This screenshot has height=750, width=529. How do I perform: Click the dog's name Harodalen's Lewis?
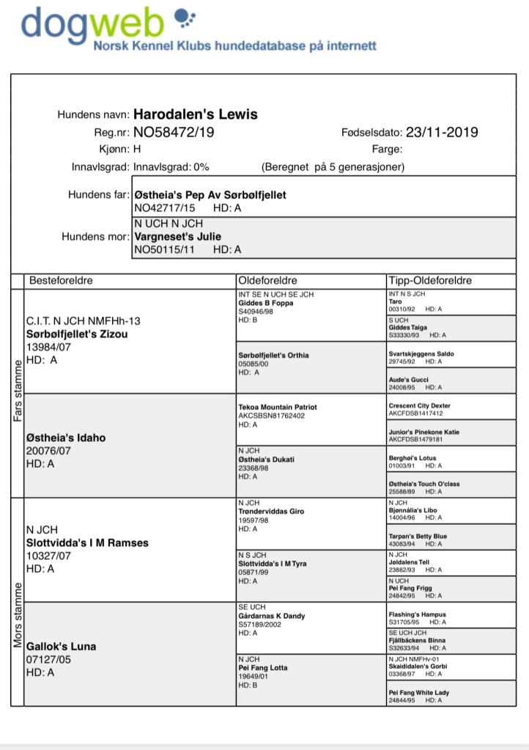point(196,114)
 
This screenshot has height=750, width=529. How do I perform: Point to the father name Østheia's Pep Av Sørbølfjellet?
point(210,196)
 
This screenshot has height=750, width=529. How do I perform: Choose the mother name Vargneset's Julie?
point(177,237)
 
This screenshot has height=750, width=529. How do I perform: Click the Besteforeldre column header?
point(61,281)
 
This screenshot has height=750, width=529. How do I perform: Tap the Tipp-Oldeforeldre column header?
point(430,281)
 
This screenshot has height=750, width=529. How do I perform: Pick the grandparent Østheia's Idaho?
point(65,438)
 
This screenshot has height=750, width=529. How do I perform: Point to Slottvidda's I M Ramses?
point(86,543)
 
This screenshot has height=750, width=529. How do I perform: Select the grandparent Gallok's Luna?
point(61,647)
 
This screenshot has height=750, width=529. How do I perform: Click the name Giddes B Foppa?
point(267,302)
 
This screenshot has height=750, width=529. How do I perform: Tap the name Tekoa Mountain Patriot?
point(278,407)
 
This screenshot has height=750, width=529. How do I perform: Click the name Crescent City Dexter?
point(419,405)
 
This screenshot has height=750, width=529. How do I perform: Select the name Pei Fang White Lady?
point(418,693)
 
